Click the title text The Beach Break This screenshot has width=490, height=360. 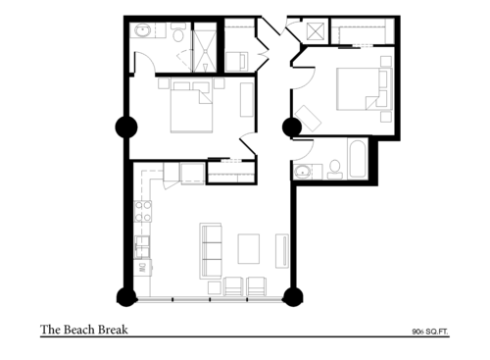click(x=83, y=330)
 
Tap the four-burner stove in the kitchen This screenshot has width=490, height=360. click(x=143, y=210)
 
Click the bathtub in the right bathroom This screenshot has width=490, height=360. click(x=357, y=160)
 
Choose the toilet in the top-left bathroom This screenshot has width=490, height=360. click(x=179, y=35)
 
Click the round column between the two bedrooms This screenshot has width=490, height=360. click(x=290, y=127)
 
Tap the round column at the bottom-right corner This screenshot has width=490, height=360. click(x=290, y=296)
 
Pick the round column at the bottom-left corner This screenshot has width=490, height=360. click(x=126, y=296)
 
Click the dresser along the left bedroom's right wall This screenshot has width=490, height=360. click(x=246, y=99)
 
